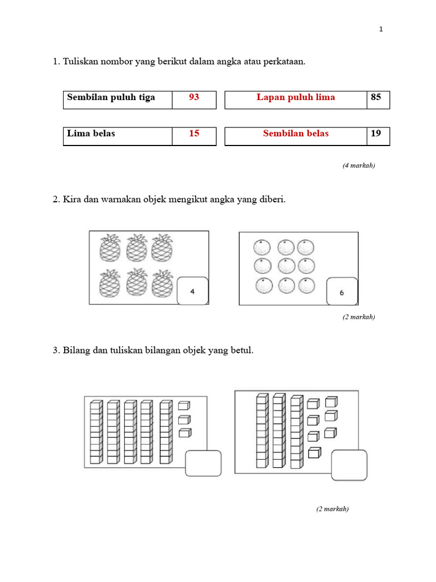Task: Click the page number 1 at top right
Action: coord(381,30)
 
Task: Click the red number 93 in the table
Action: coord(194,97)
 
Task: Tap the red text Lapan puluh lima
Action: coord(295,97)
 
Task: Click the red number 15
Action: coord(194,134)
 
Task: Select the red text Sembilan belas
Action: coord(295,134)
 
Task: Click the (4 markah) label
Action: coord(358,165)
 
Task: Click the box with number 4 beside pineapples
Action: coord(192,291)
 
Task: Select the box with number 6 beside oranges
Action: coord(342,292)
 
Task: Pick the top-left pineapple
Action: coord(110,248)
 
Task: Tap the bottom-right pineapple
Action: coord(162,282)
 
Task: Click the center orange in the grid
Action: coord(286,266)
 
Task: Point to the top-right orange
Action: coord(305,247)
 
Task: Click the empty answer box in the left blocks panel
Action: coord(203,463)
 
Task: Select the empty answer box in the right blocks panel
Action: coord(349,465)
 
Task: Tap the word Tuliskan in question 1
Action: coord(80,62)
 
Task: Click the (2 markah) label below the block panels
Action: coord(332,509)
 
